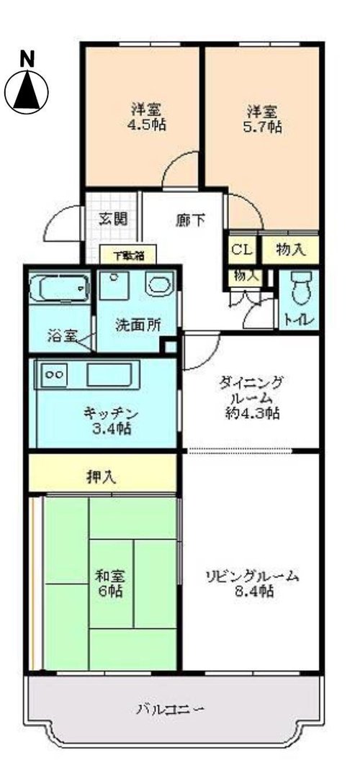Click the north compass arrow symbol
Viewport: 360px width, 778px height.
(x=27, y=92)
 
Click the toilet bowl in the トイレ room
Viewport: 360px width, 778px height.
(x=300, y=289)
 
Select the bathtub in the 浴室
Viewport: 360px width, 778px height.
(x=59, y=288)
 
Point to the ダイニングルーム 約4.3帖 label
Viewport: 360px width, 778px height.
(x=251, y=397)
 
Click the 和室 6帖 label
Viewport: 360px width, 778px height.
(x=110, y=584)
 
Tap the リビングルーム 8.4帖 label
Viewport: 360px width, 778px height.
(x=253, y=583)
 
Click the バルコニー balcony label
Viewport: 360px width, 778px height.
(x=171, y=708)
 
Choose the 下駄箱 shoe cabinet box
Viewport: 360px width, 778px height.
(x=128, y=256)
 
